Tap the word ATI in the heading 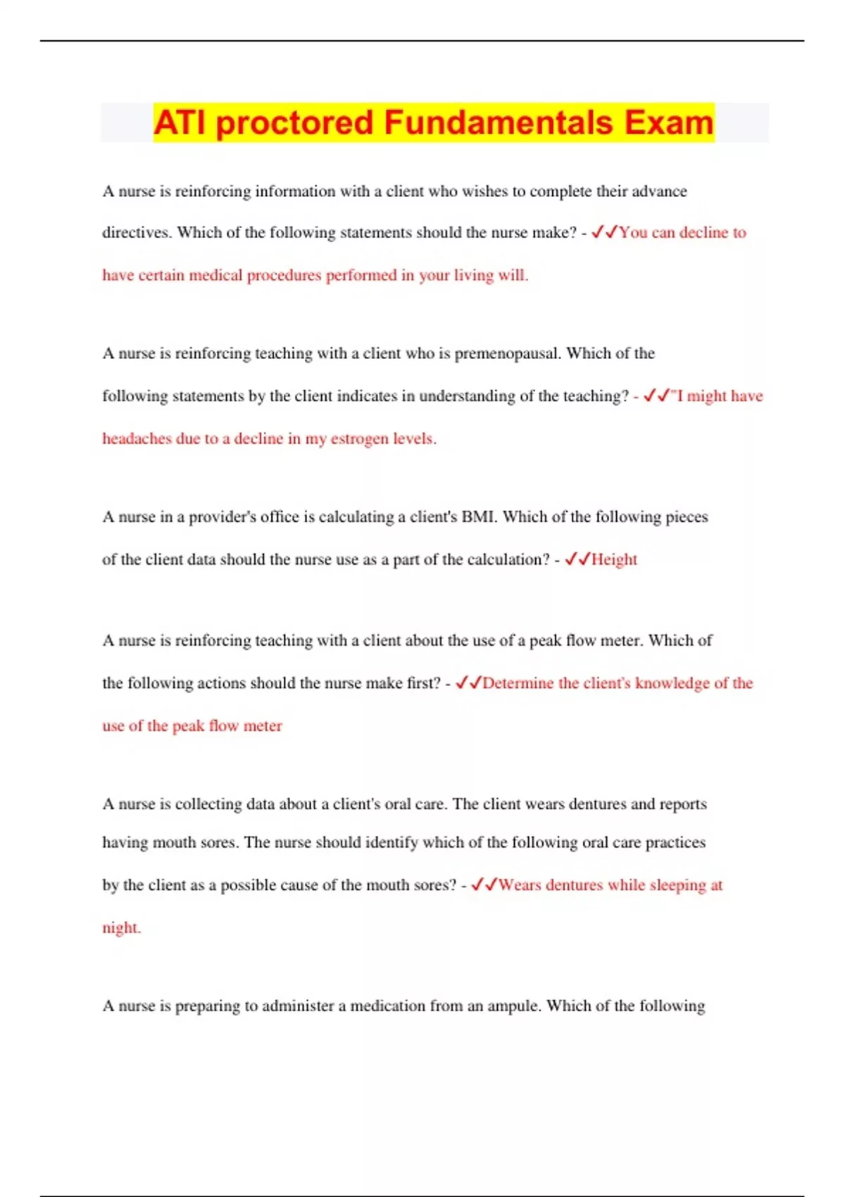pos(181,123)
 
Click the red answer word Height pos(614,559)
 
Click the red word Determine pos(518,683)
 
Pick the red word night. pos(121,928)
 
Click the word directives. pos(137,233)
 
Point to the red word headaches pos(137,439)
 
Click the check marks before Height pos(577,559)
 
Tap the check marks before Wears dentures pos(484,884)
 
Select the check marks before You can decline pos(604,232)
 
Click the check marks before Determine pos(468,682)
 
